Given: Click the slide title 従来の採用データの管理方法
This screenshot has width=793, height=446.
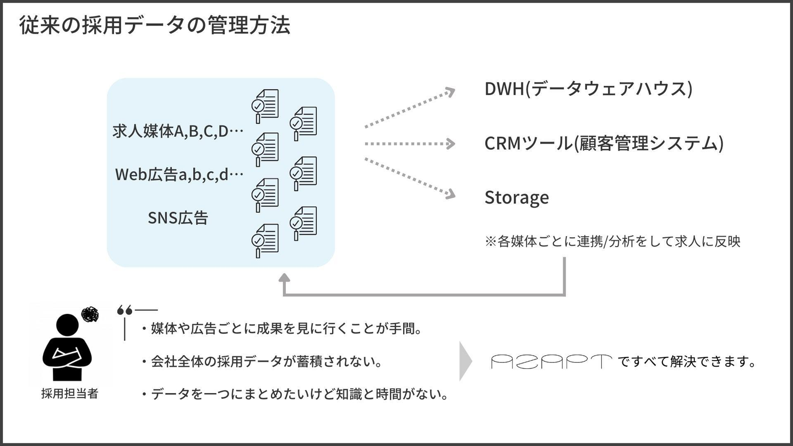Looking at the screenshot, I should click(x=155, y=26).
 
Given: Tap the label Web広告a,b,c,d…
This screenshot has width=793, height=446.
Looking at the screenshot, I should click(x=179, y=175).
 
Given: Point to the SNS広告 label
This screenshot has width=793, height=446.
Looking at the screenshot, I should click(x=178, y=218).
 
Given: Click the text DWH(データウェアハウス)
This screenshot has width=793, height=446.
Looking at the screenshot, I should click(x=588, y=89).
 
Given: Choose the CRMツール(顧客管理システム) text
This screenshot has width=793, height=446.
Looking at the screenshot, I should click(x=604, y=144).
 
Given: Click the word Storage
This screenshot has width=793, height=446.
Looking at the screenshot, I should click(x=517, y=198).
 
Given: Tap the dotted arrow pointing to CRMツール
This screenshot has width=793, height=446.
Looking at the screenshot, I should click(x=410, y=144).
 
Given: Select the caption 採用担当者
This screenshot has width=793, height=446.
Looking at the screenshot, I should click(x=69, y=394).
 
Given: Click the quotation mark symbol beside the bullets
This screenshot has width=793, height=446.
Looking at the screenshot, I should click(x=125, y=311).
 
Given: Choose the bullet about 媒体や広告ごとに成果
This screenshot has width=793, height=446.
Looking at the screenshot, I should click(x=280, y=329).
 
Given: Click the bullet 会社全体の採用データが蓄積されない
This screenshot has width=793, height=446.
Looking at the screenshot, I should click(x=262, y=362).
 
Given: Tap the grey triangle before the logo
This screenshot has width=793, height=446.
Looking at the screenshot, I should click(x=466, y=361).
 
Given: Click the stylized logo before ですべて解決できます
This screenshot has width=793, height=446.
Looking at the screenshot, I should click(x=551, y=362).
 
